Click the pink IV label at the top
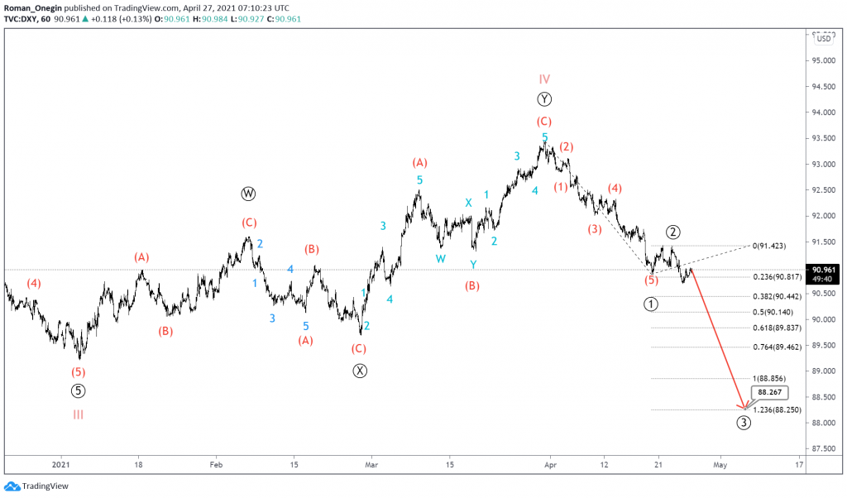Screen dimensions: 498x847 tap(544, 79)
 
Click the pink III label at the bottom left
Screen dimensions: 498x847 tap(78, 414)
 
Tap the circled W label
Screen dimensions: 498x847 tap(249, 194)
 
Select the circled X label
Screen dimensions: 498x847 tap(359, 371)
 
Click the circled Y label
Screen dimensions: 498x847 tap(544, 99)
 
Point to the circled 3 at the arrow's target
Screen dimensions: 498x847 tap(744, 423)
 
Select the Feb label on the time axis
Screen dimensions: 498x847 tap(216, 466)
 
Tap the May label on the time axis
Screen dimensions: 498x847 tap(720, 466)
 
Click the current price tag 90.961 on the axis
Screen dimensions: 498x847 tap(827, 270)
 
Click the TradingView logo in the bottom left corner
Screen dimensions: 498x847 tap(38, 486)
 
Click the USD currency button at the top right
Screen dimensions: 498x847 tap(825, 38)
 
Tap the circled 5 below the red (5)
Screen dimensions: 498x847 tap(78, 390)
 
